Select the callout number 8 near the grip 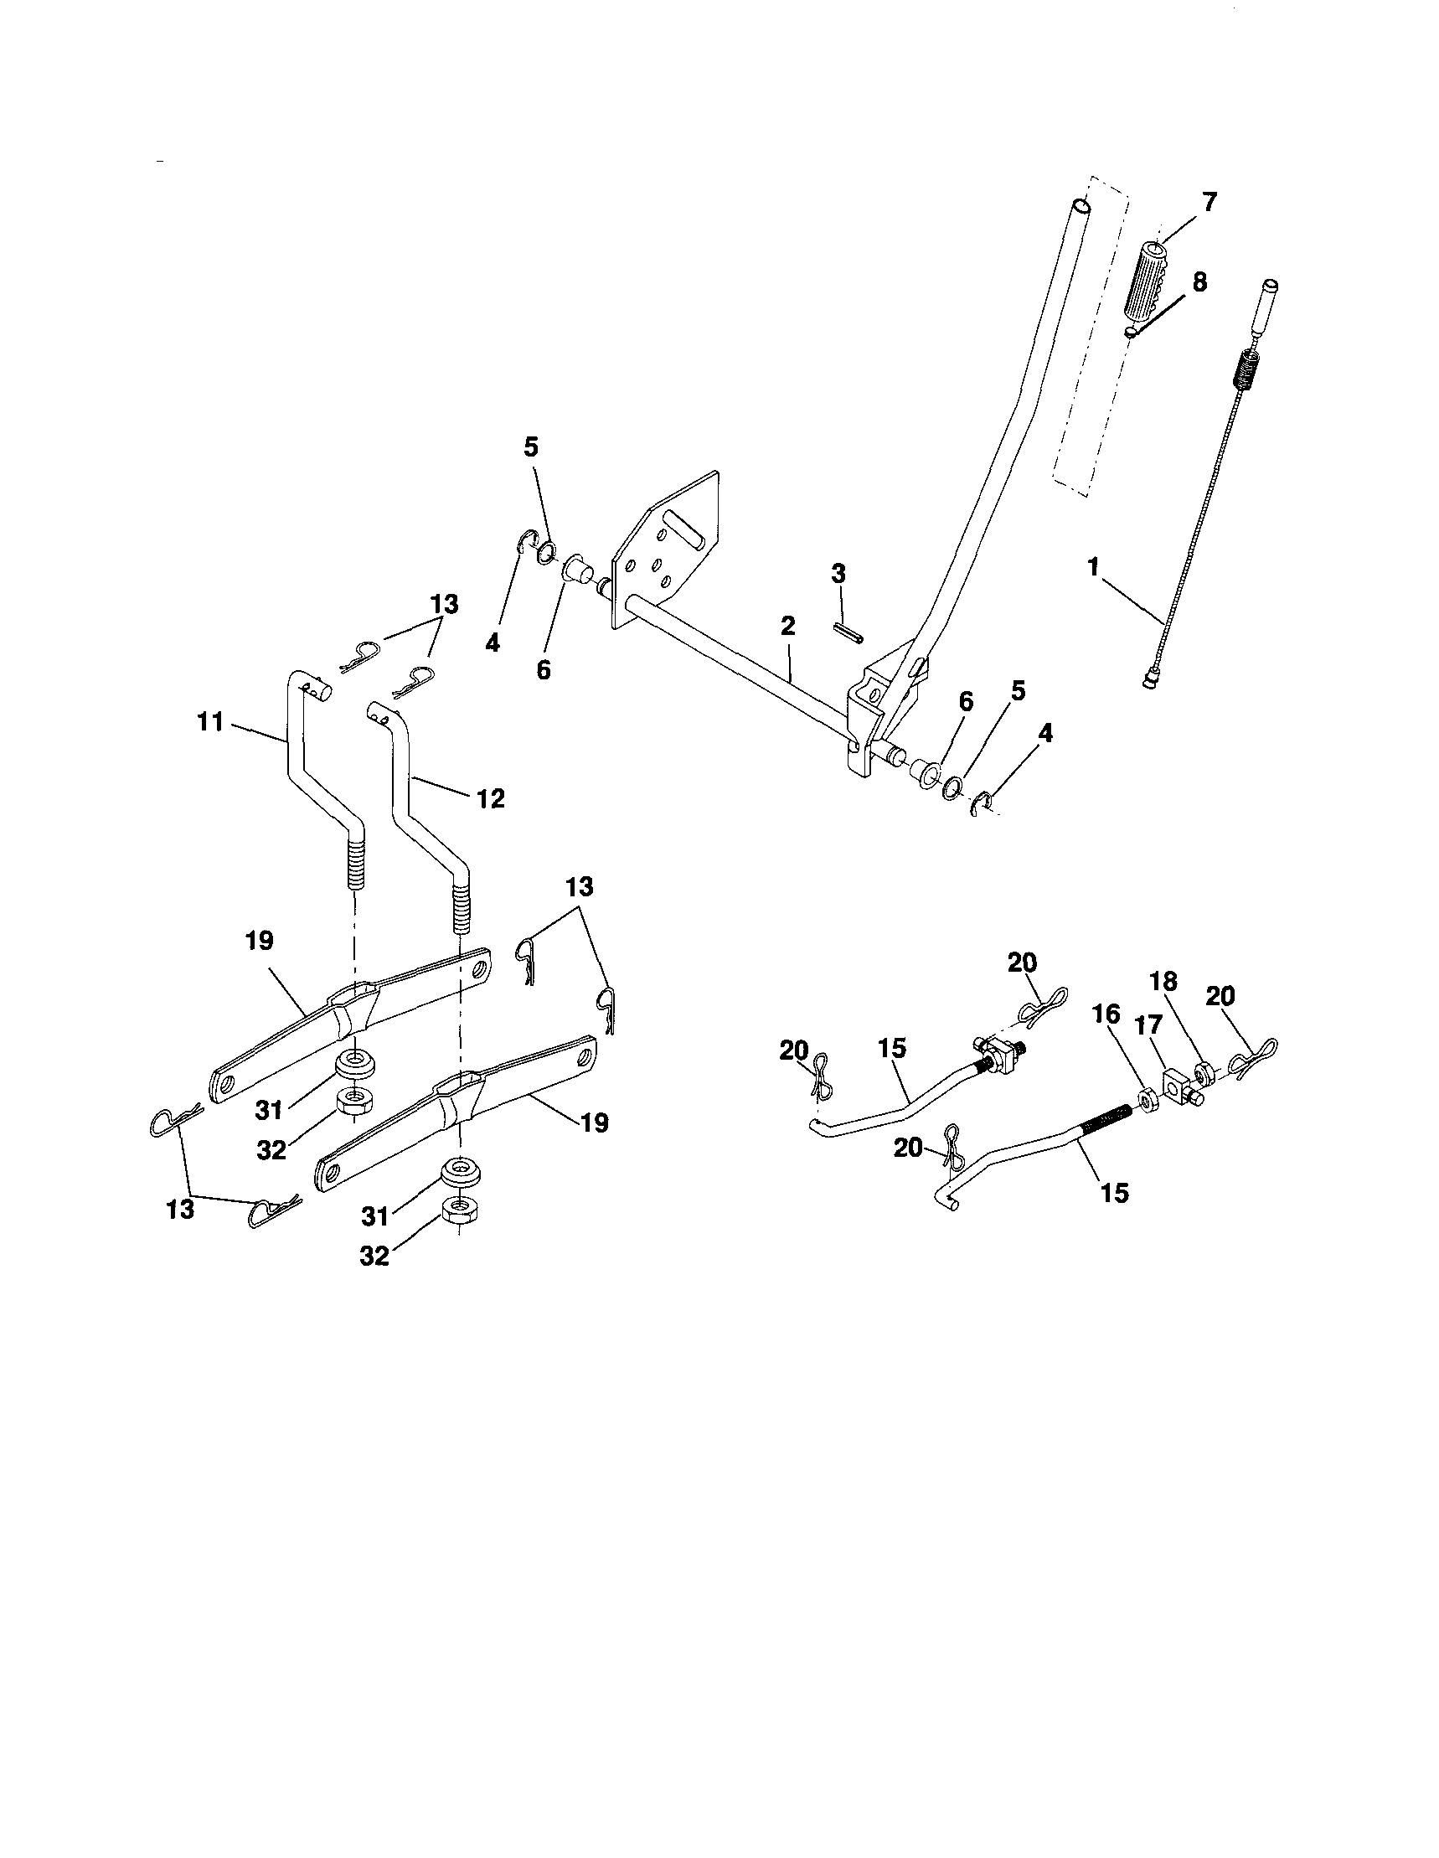point(1199,282)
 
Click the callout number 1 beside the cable point(1094,565)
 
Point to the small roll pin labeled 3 point(847,634)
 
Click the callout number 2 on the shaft point(787,627)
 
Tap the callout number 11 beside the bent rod point(210,722)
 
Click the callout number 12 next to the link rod point(491,798)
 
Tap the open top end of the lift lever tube point(1079,207)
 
